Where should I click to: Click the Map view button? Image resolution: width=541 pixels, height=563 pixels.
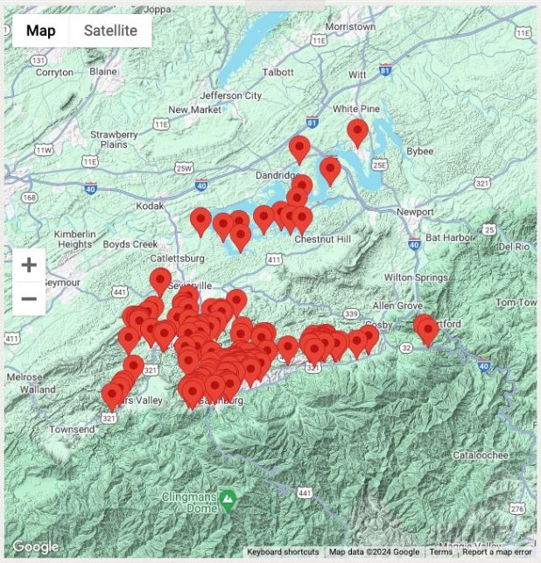[x=41, y=31]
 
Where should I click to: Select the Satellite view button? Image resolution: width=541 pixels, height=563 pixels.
[x=110, y=31]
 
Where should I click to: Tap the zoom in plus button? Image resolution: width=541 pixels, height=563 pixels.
[x=29, y=264]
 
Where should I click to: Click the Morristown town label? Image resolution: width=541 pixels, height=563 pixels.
[x=349, y=27]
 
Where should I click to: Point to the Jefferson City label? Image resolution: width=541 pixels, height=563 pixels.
[x=231, y=95]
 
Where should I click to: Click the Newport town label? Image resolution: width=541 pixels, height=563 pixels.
[x=415, y=212]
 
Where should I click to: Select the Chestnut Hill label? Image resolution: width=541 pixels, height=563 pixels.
[x=322, y=239]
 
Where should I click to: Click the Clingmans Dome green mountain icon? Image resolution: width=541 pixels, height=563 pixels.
[x=228, y=500]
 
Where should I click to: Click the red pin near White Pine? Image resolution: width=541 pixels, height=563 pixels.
[x=357, y=131]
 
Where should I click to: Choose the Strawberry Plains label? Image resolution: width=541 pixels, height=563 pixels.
[x=114, y=139]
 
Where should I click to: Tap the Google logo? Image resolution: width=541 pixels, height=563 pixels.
[x=35, y=547]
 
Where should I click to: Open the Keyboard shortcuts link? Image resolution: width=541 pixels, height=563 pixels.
[x=283, y=552]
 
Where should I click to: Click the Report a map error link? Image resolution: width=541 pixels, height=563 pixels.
[x=497, y=552]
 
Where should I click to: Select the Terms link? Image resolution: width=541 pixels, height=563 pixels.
[x=441, y=552]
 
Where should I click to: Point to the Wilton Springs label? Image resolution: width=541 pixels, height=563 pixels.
[x=410, y=277]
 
